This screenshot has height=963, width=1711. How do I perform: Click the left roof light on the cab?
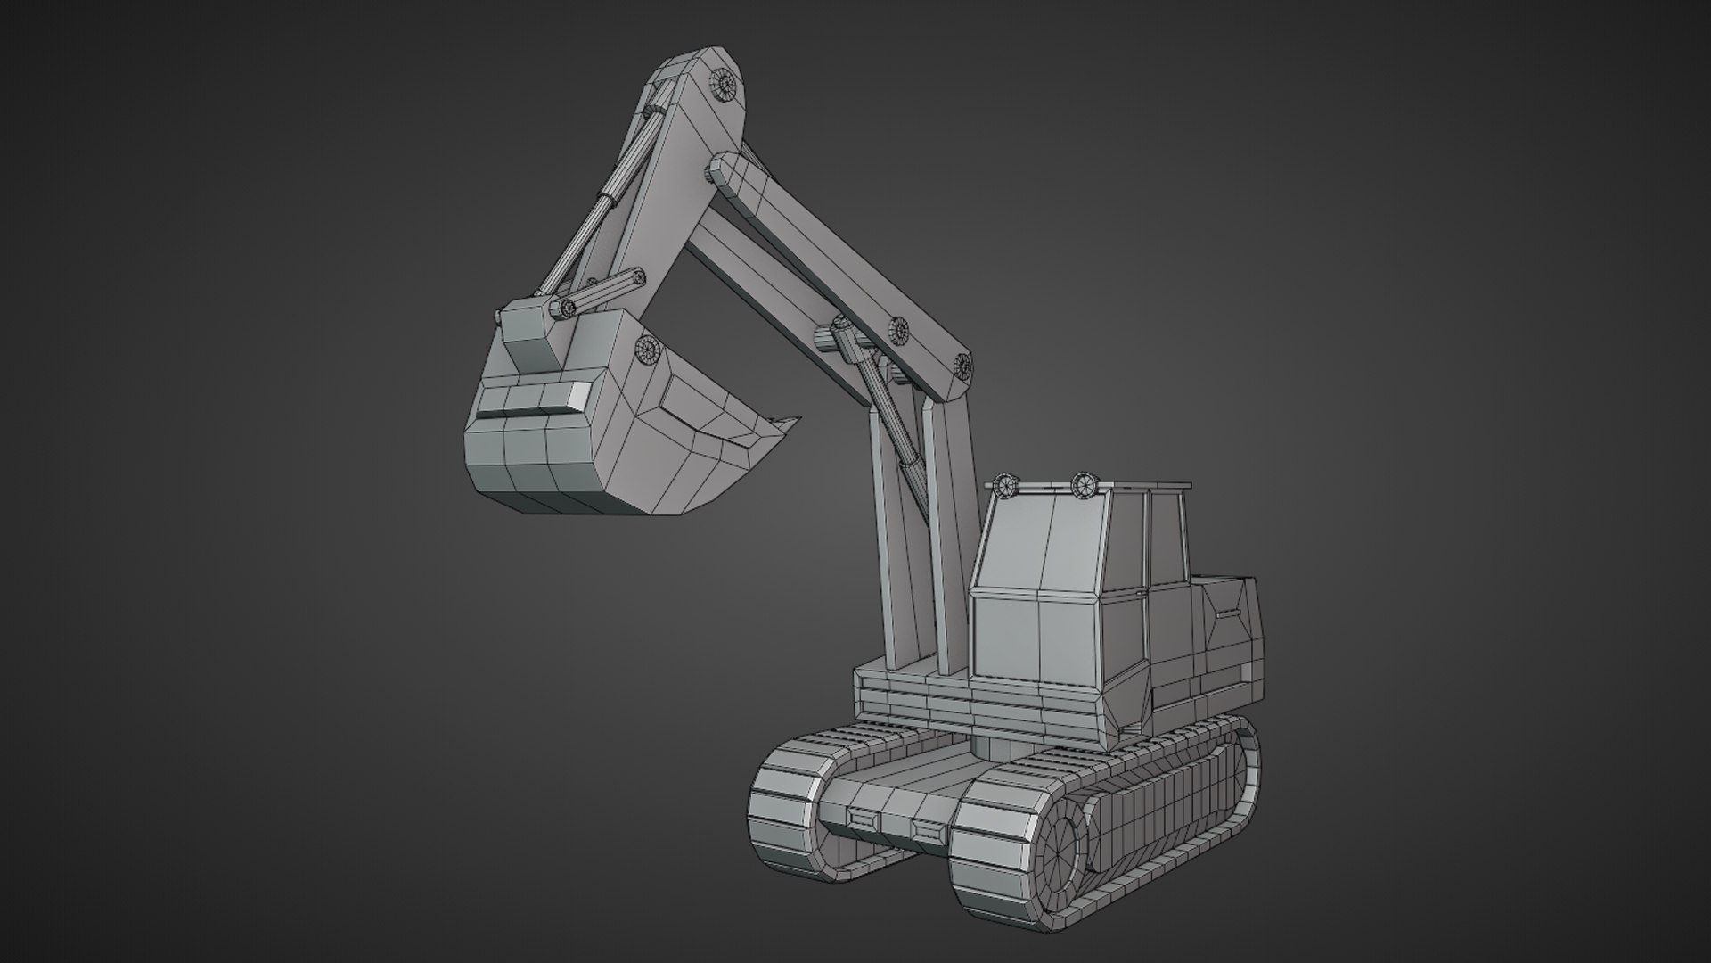tap(1005, 486)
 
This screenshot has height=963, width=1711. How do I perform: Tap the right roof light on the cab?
tap(1084, 484)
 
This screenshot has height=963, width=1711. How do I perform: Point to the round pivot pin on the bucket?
tap(645, 350)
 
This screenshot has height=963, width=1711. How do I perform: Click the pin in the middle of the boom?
tap(899, 331)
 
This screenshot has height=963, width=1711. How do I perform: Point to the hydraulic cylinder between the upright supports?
tap(891, 419)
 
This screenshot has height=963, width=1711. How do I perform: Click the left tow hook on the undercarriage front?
tap(862, 817)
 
